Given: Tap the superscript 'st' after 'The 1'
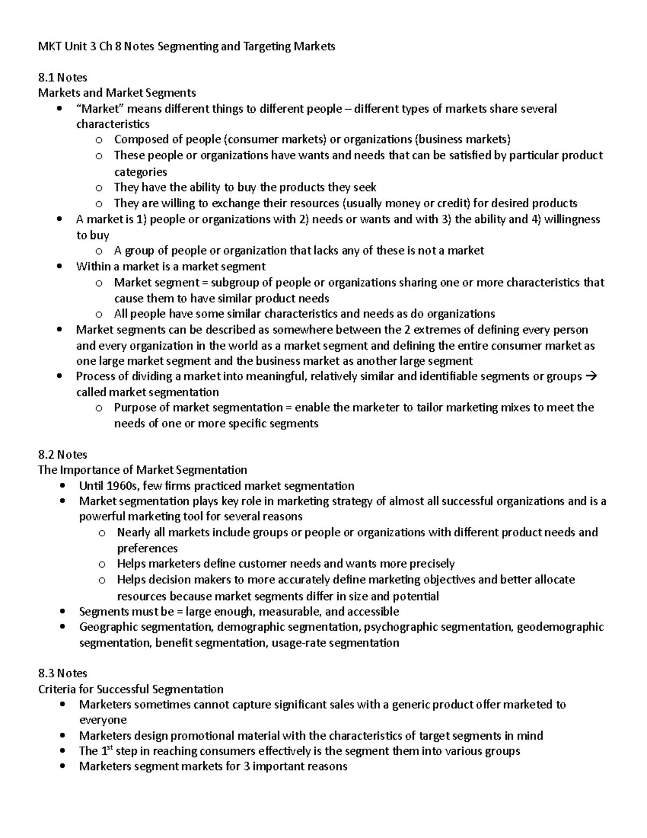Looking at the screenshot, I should pyautogui.click(x=102, y=748).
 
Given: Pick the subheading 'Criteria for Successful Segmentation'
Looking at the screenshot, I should pyautogui.click(x=130, y=689).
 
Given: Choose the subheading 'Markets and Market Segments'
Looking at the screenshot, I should pyautogui.click(x=116, y=93).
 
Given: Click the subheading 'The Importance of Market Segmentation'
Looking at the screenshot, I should pyautogui.click(x=142, y=470).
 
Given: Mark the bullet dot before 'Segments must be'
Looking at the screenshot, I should pyautogui.click(x=65, y=611).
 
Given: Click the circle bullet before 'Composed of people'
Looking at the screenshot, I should pyautogui.click(x=98, y=140).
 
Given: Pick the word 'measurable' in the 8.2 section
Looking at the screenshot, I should pyautogui.click(x=293, y=611).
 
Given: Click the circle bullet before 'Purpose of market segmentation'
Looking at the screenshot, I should pyautogui.click(x=98, y=408).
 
